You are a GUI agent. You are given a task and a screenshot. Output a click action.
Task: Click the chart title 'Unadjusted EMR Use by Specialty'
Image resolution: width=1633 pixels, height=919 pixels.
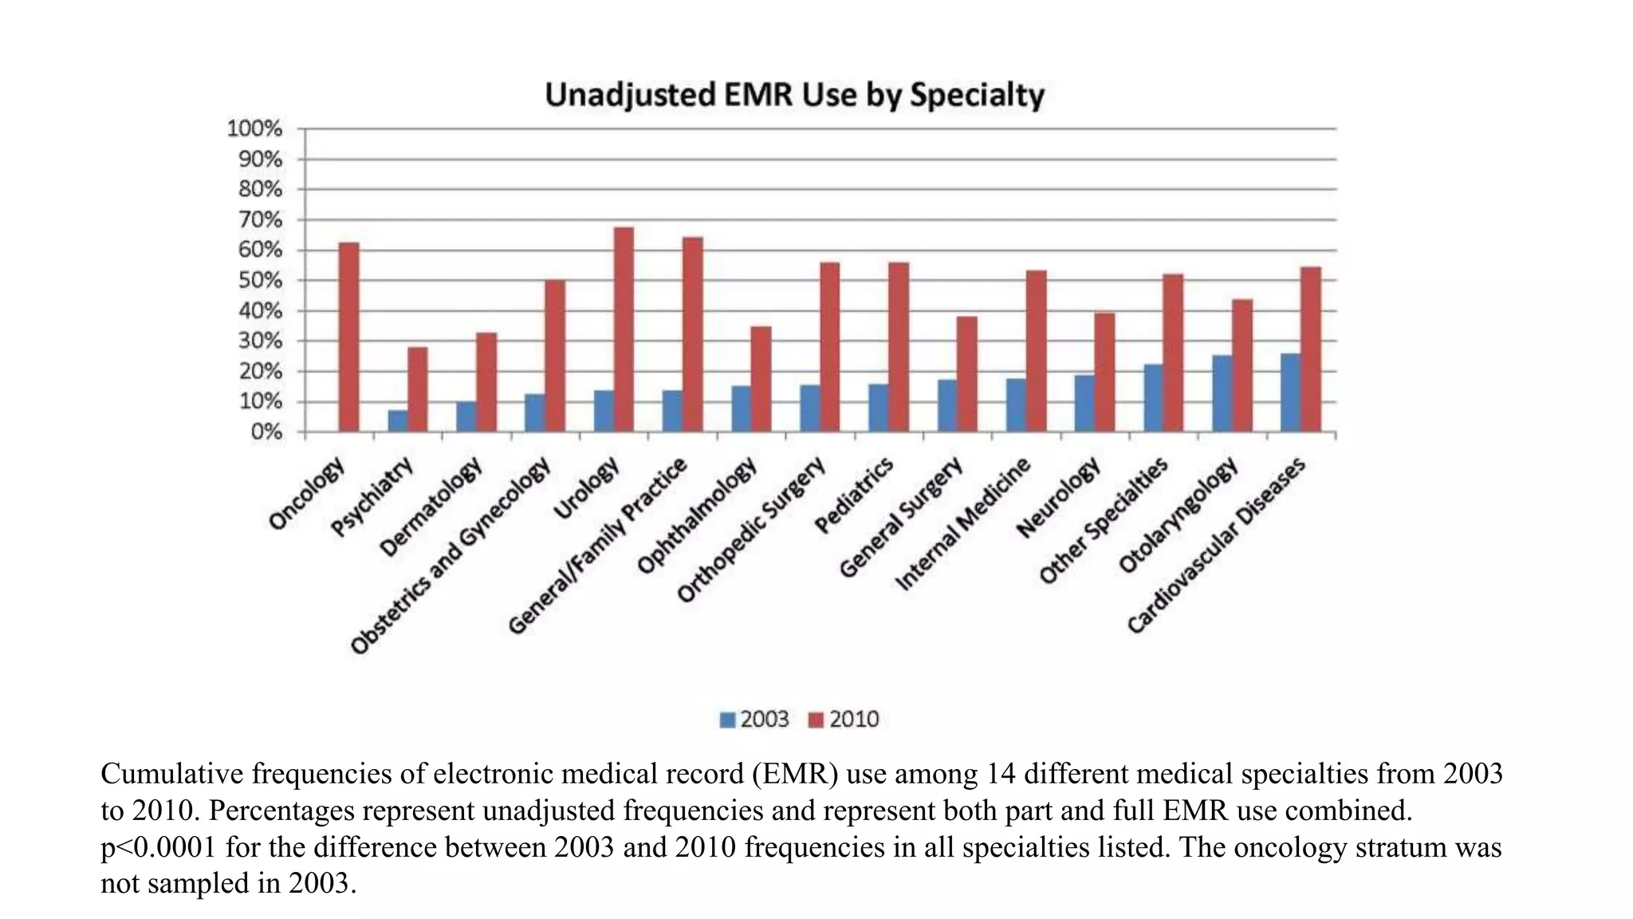click(794, 96)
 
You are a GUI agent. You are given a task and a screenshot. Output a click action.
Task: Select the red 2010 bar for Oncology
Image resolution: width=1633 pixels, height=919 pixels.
click(348, 337)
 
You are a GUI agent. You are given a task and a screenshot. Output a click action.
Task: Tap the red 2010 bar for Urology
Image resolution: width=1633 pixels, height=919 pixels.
click(624, 329)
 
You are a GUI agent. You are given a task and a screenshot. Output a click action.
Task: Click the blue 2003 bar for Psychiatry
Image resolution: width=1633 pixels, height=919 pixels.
click(397, 421)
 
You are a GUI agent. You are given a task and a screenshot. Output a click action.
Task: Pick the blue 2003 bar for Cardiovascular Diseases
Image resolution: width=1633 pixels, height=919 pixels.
click(1290, 392)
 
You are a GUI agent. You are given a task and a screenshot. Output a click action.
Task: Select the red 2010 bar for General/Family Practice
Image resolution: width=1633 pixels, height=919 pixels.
click(692, 334)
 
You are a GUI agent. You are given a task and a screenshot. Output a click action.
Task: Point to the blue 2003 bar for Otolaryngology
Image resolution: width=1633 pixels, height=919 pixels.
click(1222, 394)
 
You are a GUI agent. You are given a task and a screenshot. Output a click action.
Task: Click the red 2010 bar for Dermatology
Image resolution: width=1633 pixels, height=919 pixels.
click(486, 382)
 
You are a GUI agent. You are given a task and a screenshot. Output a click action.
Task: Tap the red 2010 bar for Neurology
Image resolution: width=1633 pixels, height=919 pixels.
click(1104, 373)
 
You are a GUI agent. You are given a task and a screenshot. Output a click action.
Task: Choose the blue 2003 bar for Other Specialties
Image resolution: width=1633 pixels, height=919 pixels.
click(1153, 398)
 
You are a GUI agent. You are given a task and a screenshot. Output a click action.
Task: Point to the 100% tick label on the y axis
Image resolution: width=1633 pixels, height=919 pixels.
click(254, 128)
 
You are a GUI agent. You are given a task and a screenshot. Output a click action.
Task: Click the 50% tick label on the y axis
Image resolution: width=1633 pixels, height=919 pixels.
click(259, 281)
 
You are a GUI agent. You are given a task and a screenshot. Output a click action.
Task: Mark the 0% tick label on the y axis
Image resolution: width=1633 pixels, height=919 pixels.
click(266, 432)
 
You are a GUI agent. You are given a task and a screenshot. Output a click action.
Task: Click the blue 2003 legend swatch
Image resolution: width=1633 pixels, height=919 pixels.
click(726, 720)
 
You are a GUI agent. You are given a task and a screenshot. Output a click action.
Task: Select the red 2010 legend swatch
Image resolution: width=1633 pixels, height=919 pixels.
click(815, 720)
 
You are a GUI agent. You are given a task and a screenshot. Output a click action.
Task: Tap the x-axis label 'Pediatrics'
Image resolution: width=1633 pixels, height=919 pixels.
click(854, 497)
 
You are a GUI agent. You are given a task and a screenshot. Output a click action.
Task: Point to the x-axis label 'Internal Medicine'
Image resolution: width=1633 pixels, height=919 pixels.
click(963, 525)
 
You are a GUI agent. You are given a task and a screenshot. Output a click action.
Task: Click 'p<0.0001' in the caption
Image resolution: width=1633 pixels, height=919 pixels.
click(158, 847)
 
